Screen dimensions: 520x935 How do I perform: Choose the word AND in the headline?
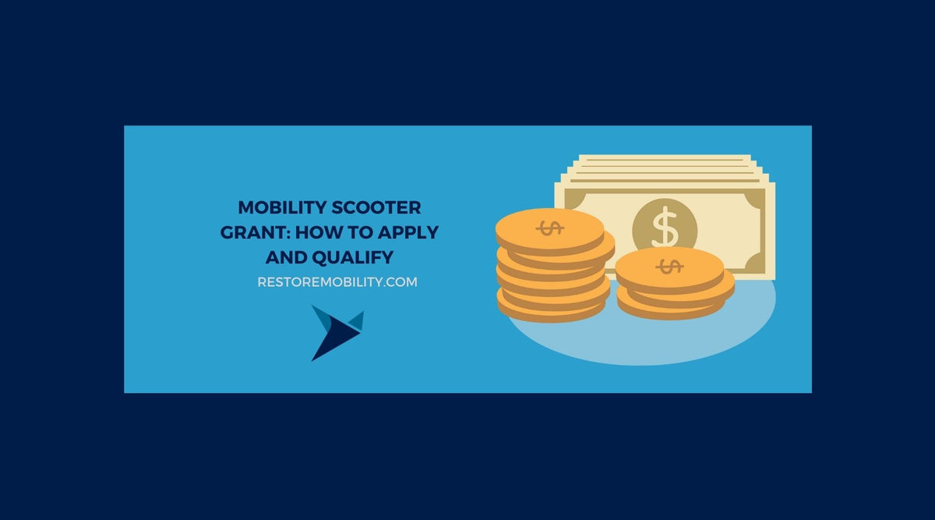(x=285, y=256)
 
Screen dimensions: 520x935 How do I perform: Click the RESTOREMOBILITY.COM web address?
(x=337, y=282)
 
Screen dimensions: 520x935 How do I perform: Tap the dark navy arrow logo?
(x=331, y=335)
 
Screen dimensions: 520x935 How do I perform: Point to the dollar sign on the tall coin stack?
(x=550, y=228)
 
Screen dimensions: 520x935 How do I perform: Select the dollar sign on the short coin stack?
(x=669, y=267)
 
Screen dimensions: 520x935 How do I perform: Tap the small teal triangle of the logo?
(x=355, y=320)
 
